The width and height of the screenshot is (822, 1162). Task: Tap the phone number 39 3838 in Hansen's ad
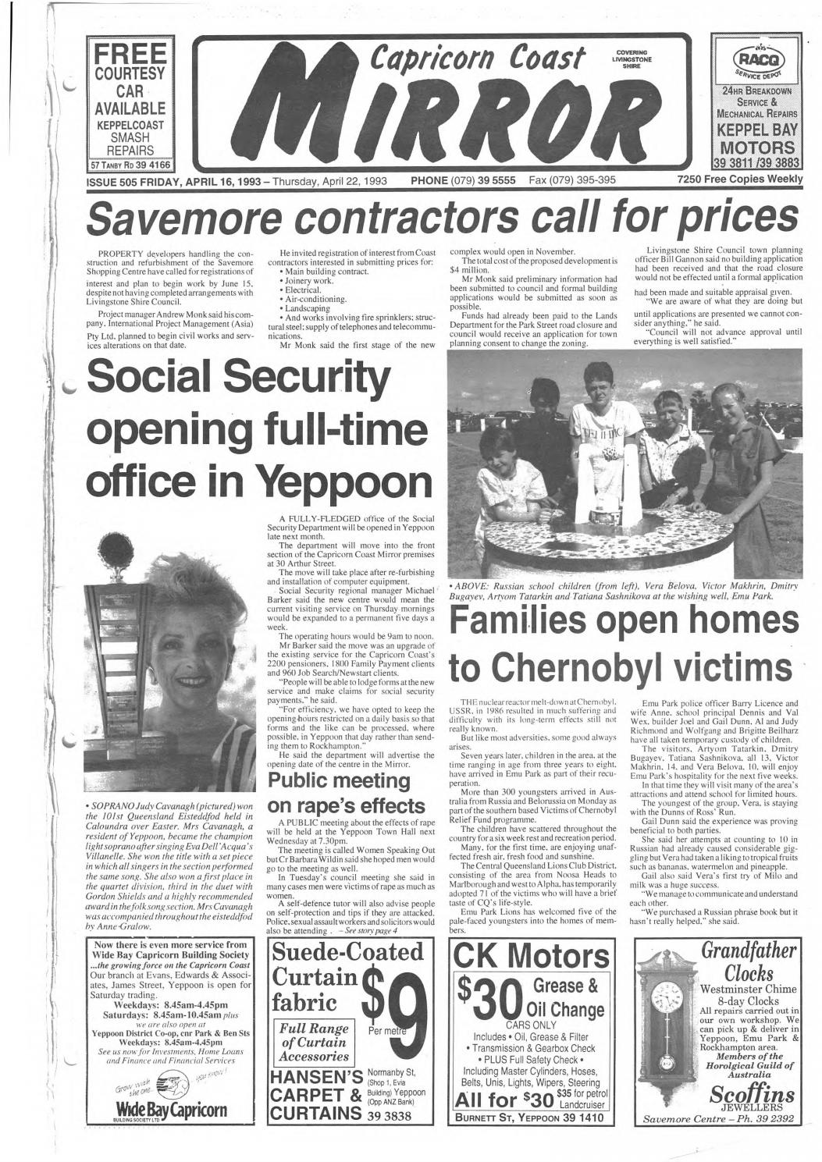click(x=388, y=1116)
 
